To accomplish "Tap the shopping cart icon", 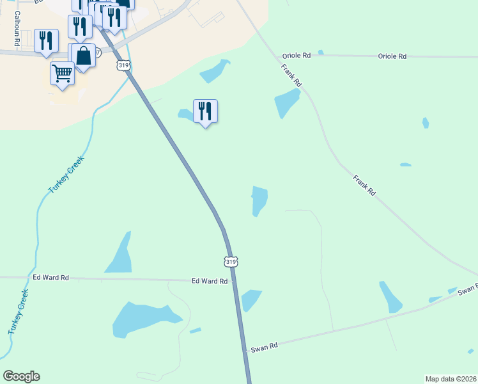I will coord(62,73).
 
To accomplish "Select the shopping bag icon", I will coord(84,56).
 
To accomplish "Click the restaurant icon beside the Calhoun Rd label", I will coord(46,40).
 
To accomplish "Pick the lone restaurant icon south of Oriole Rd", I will coord(205,111).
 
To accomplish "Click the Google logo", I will coord(21,376).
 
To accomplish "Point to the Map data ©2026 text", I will coord(451,379).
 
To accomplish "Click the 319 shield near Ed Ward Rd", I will coord(231,261).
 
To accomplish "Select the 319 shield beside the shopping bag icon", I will coord(125,65).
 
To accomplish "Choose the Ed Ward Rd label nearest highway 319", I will coord(210,281).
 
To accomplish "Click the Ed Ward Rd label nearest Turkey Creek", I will coord(50,278).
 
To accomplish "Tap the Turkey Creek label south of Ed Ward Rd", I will coord(19,312).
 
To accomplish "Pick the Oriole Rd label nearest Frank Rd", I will coord(299,56).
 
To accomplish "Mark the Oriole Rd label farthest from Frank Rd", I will coord(392,56).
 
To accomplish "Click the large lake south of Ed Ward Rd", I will coord(144,318).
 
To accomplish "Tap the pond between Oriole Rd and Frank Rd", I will coord(286,102).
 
